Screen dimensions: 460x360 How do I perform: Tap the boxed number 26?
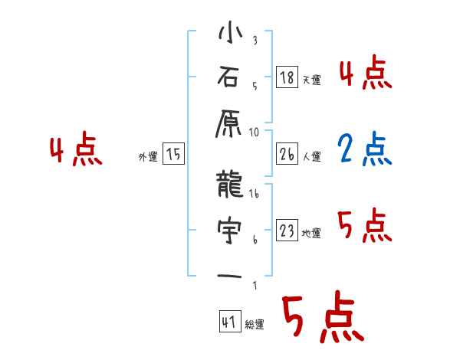pyautogui.click(x=287, y=154)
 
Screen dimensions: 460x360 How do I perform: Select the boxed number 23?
pyautogui.click(x=287, y=231)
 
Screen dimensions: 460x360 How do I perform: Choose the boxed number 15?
pyautogui.click(x=173, y=155)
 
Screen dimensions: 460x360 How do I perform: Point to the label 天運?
pyautogui.click(x=312, y=79)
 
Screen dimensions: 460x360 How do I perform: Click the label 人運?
pyautogui.click(x=312, y=156)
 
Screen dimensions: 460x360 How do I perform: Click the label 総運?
pyautogui.click(x=255, y=325)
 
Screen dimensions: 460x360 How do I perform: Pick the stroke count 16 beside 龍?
pyautogui.click(x=255, y=195)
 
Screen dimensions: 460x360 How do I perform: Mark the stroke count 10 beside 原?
pyautogui.click(x=255, y=132)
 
